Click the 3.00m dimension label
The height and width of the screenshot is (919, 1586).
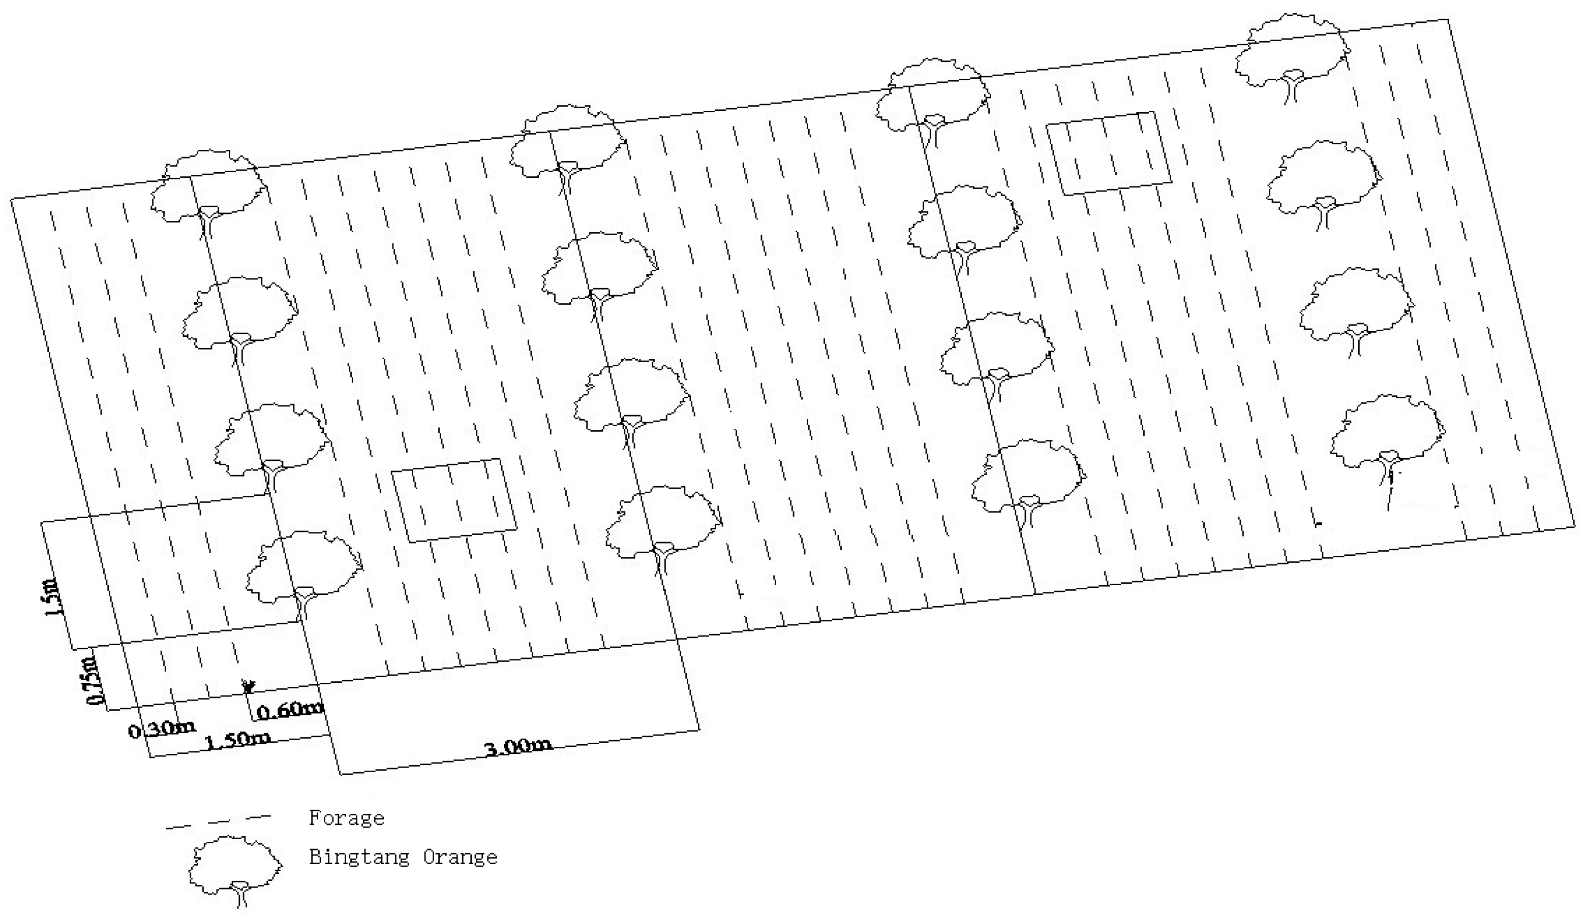click(517, 747)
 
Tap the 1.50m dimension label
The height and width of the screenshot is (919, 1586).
click(238, 740)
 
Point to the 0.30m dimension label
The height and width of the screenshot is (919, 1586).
click(161, 730)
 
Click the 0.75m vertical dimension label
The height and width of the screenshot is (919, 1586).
click(93, 681)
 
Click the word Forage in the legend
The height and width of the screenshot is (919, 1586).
click(346, 818)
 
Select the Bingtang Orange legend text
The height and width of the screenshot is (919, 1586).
click(403, 857)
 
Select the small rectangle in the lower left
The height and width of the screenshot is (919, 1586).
click(454, 500)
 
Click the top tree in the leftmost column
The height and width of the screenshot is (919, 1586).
click(208, 188)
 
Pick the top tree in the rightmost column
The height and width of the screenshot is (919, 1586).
click(1292, 53)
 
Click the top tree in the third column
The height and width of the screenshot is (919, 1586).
click(933, 98)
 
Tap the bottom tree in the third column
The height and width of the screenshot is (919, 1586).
click(1028, 478)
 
